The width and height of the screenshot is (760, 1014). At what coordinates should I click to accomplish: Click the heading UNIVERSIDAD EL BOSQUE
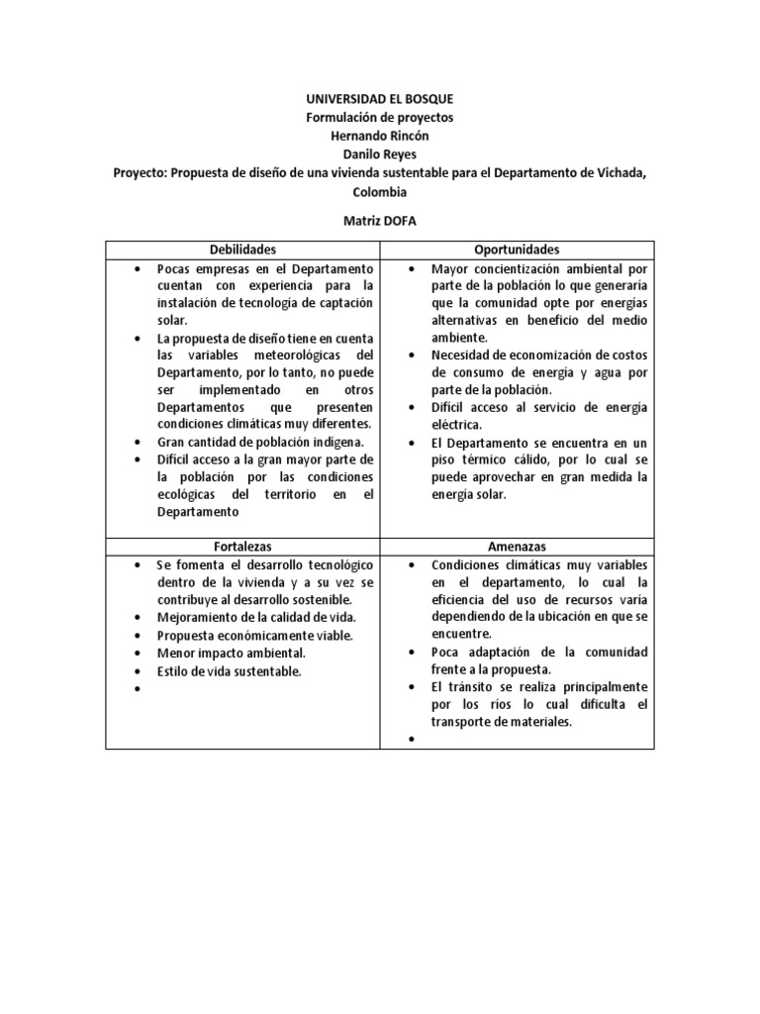click(x=380, y=100)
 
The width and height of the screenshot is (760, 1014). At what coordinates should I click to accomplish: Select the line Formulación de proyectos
click(x=380, y=118)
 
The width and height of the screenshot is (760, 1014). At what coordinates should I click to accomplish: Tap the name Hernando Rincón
click(x=380, y=137)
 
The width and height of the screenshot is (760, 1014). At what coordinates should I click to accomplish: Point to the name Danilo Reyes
click(x=380, y=155)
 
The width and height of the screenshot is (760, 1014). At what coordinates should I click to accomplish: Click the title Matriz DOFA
click(x=380, y=221)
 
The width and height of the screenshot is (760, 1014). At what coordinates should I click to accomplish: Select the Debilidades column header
click(x=242, y=251)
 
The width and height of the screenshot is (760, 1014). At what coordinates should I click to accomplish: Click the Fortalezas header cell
click(x=242, y=547)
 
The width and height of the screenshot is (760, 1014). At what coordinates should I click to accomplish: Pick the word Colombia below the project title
click(x=380, y=192)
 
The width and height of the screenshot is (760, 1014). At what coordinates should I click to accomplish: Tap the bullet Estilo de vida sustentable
click(x=229, y=671)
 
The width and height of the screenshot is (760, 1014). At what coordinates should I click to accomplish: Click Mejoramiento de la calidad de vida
click(x=255, y=618)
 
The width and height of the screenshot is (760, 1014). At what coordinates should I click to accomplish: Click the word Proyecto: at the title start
click(x=140, y=174)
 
